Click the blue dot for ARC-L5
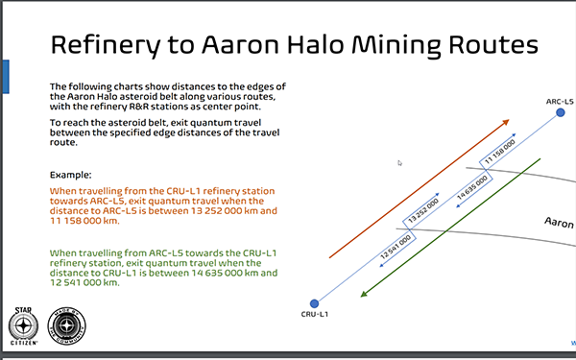pyautogui.click(x=561, y=113)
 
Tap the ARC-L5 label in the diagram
pyautogui.click(x=559, y=100)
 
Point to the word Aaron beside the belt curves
pyautogui.click(x=560, y=223)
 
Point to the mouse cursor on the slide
pyautogui.click(x=399, y=163)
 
